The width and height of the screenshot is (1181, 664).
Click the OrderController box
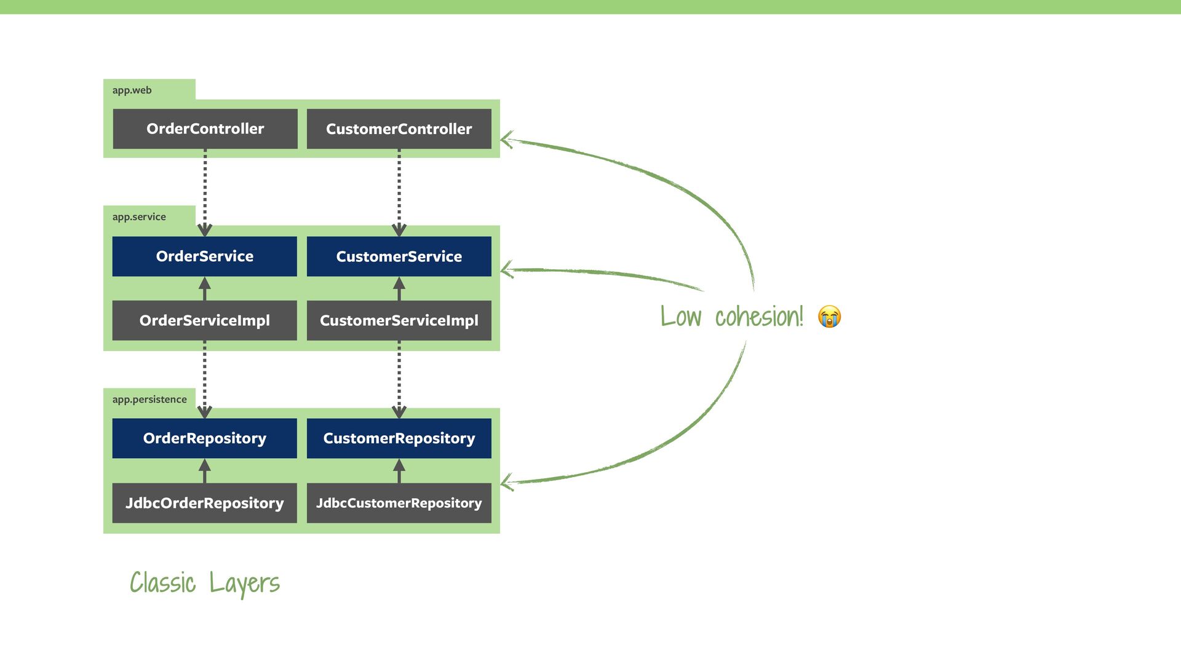[205, 128]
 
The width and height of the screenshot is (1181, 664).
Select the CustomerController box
[399, 128]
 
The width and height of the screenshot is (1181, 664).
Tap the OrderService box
[204, 256]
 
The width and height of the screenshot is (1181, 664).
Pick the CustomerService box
[399, 256]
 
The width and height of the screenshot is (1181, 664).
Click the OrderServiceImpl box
[204, 320]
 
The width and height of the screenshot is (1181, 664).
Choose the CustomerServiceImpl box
[399, 320]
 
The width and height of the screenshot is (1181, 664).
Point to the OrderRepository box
[204, 438]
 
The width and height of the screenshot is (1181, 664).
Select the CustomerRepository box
[399, 438]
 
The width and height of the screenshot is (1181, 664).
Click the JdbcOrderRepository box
[204, 503]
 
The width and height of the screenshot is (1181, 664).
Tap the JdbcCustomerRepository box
[399, 503]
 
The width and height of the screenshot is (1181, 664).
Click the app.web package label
[132, 90]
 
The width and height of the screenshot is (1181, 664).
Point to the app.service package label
[139, 217]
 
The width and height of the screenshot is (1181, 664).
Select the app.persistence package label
[149, 400]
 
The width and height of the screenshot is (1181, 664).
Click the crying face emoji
[829, 317]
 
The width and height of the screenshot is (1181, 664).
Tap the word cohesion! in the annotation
[759, 317]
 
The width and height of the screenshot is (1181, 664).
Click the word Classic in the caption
[163, 583]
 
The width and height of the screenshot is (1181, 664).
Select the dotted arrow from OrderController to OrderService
[205, 191]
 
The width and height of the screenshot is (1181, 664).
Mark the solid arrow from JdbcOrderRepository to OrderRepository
[205, 472]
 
